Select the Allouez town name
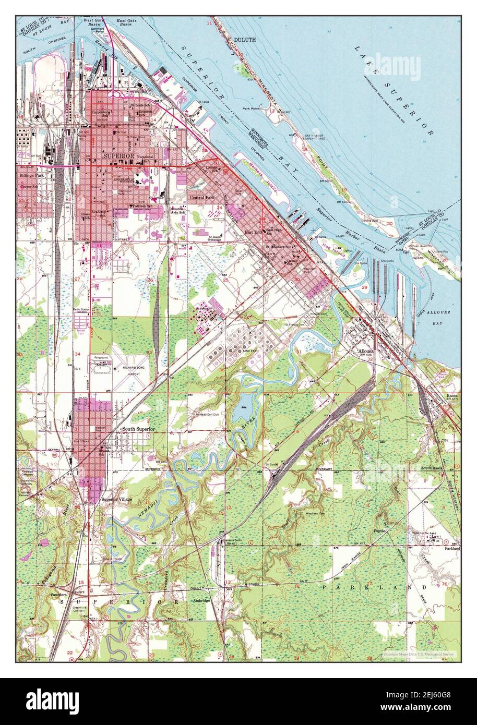tap(366, 351)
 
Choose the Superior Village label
tap(116, 499)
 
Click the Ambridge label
tap(200, 601)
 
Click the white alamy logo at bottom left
tap(53, 699)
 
